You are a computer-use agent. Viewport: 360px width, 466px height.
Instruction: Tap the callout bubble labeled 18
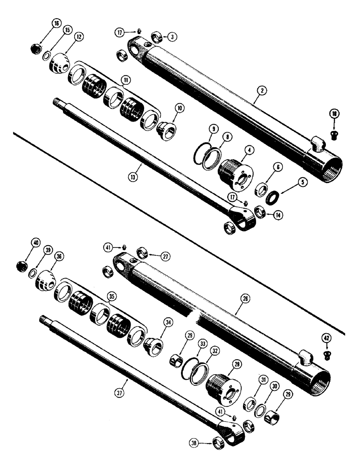[334, 114]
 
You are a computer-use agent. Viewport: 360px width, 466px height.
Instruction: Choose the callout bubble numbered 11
[126, 81]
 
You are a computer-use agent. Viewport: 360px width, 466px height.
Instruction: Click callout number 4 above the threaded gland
[250, 151]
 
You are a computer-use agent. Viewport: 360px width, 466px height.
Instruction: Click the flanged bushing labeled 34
[152, 346]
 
